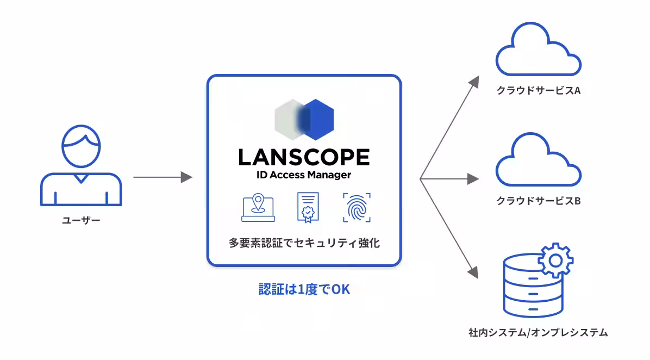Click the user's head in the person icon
(81, 146)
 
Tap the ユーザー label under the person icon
(82, 220)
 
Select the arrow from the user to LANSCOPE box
(163, 177)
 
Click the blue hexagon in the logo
(317, 120)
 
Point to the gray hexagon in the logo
(287, 120)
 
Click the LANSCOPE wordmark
(304, 157)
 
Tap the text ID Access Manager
(304, 175)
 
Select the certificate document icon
(308, 207)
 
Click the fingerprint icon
(357, 207)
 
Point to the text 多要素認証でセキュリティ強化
(304, 243)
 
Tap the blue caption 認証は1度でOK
(304, 289)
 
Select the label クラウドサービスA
(539, 90)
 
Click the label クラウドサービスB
(539, 201)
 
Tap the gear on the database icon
(555, 260)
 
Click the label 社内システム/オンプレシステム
(538, 332)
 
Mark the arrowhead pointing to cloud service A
(474, 82)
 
